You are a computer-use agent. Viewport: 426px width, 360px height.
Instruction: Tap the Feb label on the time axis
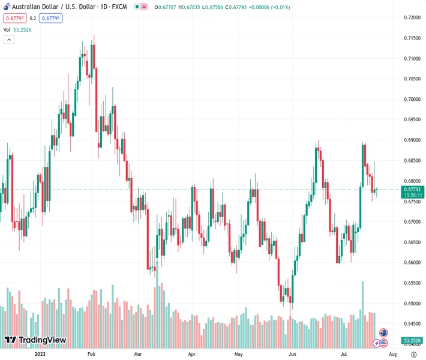pyautogui.click(x=91, y=354)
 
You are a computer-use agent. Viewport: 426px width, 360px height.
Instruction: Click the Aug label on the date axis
pyautogui.click(x=384, y=354)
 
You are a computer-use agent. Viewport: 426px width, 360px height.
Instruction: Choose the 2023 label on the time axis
pyautogui.click(x=40, y=354)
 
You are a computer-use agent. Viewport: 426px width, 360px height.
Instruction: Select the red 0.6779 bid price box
pyautogui.click(x=14, y=18)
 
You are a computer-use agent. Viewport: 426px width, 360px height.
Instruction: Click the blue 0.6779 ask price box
pyautogui.click(x=52, y=18)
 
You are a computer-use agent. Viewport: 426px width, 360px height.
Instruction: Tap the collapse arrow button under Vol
pyautogui.click(x=9, y=40)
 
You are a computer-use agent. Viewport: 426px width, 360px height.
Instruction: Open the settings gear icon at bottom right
pyautogui.click(x=413, y=354)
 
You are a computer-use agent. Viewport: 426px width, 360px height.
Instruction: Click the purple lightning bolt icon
pyautogui.click(x=376, y=343)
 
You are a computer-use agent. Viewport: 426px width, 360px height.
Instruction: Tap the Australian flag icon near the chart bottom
pyautogui.click(x=383, y=332)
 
